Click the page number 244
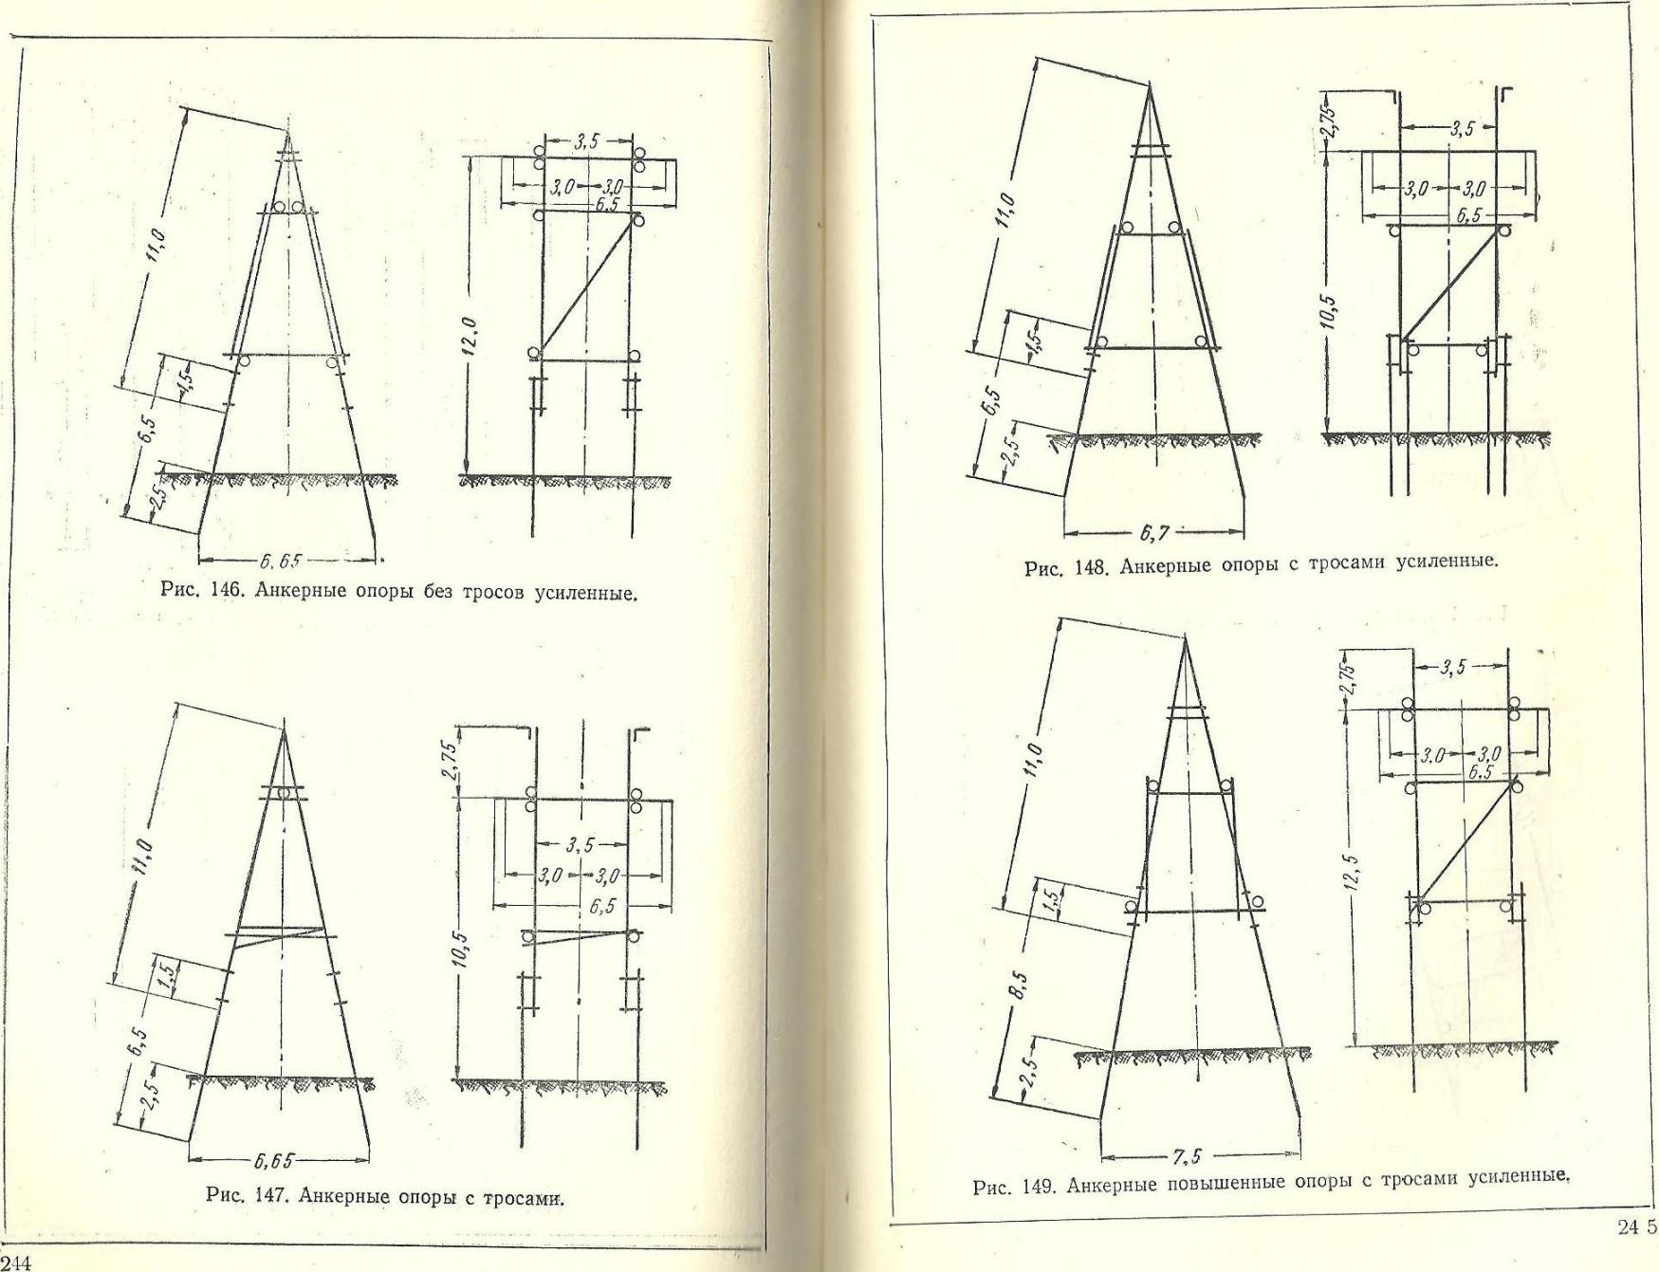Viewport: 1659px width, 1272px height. tap(16, 1262)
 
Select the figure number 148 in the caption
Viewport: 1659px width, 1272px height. tap(1091, 567)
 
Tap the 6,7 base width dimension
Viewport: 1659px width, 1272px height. tap(1153, 533)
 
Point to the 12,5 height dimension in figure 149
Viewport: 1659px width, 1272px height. tap(1355, 872)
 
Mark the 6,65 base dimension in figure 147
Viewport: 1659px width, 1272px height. tap(274, 1160)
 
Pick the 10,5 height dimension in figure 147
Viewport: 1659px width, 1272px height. tap(459, 952)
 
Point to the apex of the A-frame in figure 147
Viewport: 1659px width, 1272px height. tap(284, 728)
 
